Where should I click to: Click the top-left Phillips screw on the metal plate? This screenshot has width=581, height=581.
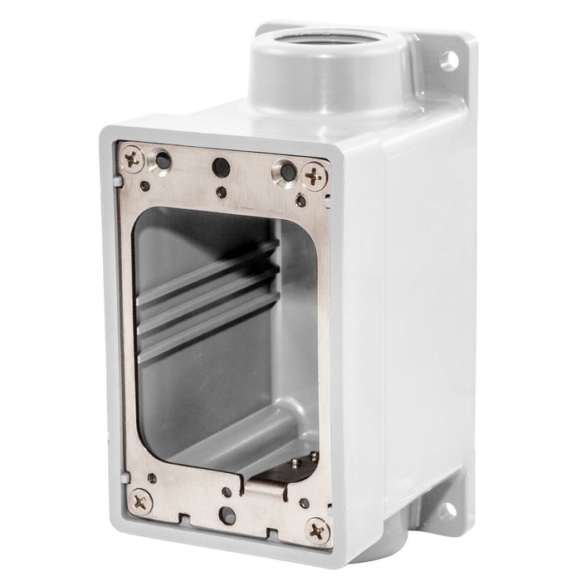pos(134,158)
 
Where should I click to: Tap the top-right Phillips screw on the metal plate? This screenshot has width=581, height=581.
pos(314,176)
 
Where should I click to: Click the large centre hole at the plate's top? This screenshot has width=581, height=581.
pos(220,167)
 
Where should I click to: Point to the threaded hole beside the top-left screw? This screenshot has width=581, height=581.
pos(164,161)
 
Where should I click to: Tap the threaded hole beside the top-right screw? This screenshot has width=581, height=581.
pos(287,173)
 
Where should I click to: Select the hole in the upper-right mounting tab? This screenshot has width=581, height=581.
pos(448,60)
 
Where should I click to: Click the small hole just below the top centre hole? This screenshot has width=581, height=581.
pos(221,192)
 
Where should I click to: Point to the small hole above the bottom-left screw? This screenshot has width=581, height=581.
pos(151,478)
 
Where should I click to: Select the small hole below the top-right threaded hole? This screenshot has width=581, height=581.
pos(300,200)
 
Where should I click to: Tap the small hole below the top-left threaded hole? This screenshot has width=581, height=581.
pos(145,186)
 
